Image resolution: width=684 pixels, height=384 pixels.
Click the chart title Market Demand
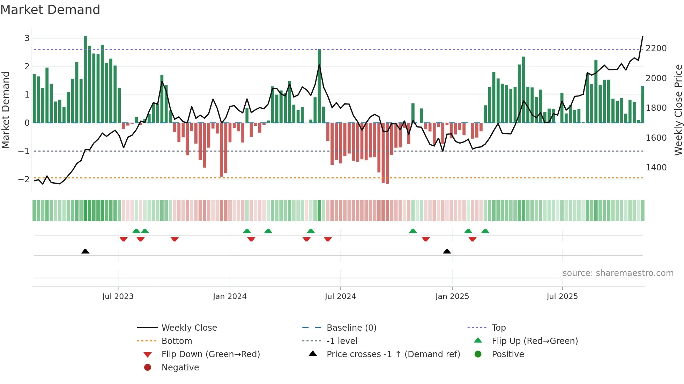pos(50,10)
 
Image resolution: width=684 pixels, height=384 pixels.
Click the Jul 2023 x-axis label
pos(118,296)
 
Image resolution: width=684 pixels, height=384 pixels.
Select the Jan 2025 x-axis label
pos(452,296)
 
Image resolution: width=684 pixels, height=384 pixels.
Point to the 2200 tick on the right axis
pos(656,48)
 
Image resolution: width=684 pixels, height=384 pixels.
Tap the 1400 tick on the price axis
pos(656,167)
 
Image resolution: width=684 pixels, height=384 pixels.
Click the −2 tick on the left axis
pos(24,179)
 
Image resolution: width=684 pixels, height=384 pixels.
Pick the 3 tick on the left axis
pos(27,38)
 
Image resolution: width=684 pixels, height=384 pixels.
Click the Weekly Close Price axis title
pos(678,110)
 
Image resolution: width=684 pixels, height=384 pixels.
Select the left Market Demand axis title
pos(6,110)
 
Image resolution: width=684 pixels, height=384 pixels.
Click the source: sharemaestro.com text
pos(618,273)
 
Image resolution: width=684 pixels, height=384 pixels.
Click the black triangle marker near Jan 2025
pos(447,251)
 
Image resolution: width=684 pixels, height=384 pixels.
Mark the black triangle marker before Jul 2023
pos(85,251)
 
